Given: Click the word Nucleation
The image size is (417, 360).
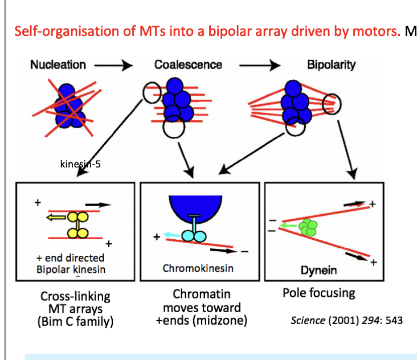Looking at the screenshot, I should tap(58, 64).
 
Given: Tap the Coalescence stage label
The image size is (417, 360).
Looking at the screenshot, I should tap(188, 64).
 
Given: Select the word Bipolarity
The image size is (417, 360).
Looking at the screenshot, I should tap(331, 64).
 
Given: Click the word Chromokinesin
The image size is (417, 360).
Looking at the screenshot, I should tap(198, 268).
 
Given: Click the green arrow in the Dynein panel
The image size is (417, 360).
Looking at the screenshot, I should tap(291, 226).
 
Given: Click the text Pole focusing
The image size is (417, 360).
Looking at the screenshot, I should tap(318, 293).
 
